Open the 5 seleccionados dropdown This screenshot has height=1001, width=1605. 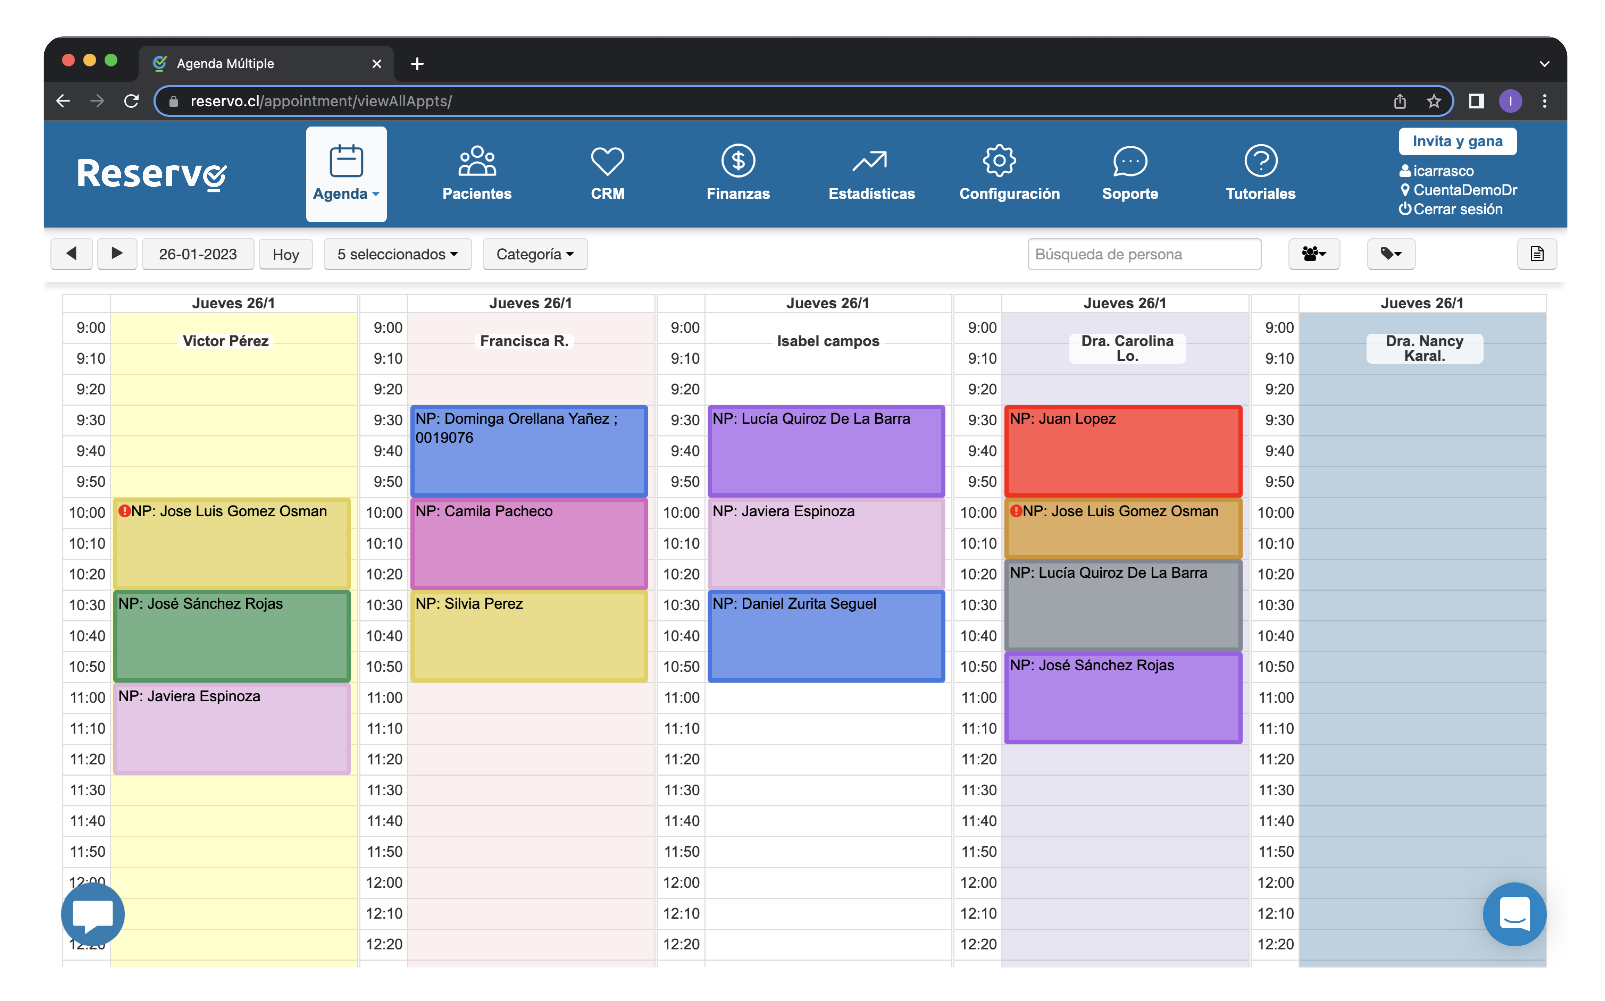click(397, 254)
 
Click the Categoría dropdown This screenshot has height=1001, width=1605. click(534, 254)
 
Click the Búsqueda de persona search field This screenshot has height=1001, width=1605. click(1143, 254)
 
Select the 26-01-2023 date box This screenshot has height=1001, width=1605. click(197, 254)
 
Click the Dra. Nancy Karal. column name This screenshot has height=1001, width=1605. click(1424, 348)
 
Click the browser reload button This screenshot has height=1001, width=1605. click(131, 101)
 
